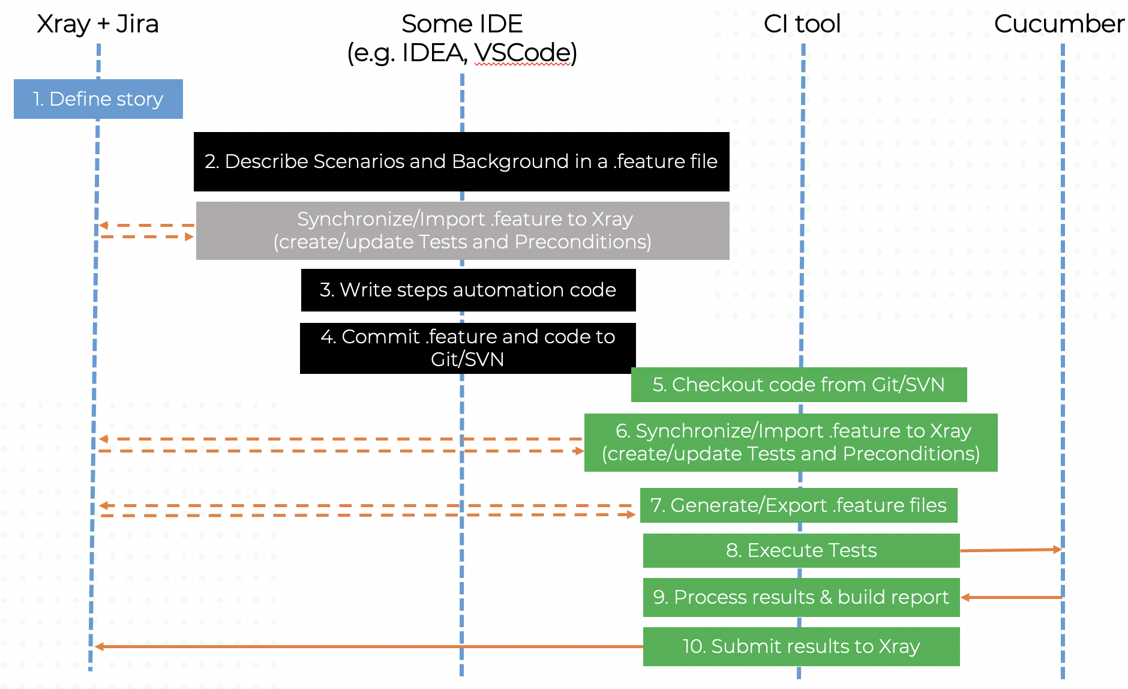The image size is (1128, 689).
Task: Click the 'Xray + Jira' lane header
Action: [98, 25]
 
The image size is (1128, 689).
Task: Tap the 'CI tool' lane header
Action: [802, 24]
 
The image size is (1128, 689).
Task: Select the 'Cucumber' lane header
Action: [1059, 24]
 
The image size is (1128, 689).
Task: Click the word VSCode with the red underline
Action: [522, 53]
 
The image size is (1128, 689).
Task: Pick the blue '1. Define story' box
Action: [98, 99]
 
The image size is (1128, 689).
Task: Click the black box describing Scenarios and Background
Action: [461, 162]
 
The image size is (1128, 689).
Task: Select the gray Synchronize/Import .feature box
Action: [463, 230]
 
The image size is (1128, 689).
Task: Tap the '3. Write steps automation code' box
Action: [468, 290]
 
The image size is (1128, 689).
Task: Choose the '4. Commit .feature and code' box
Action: [467, 348]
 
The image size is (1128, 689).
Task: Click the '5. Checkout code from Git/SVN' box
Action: [799, 385]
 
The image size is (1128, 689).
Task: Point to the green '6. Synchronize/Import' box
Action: [791, 442]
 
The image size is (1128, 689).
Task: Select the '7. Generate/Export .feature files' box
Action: [799, 505]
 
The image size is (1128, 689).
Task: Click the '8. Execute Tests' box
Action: [801, 550]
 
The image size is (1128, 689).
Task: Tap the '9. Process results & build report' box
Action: [801, 597]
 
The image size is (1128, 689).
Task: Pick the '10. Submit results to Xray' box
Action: [801, 646]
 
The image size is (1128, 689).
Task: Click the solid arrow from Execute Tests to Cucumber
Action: [1011, 550]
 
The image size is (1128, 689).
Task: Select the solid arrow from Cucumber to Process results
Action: [1012, 597]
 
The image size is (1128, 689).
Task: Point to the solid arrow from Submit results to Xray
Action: [369, 646]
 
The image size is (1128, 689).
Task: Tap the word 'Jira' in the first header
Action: [137, 25]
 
